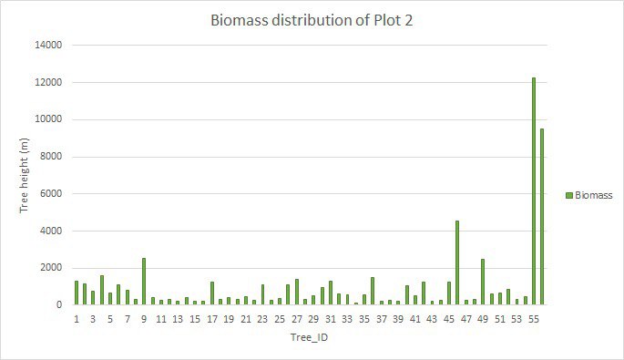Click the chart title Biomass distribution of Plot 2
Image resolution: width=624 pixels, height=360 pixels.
pos(312,21)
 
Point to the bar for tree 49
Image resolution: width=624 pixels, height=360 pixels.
pos(483,282)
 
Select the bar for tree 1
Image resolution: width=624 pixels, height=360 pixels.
pos(77,293)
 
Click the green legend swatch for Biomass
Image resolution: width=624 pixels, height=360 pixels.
pos(568,194)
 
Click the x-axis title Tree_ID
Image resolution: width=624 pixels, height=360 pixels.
pos(310,338)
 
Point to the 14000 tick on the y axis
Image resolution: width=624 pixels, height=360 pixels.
pos(46,45)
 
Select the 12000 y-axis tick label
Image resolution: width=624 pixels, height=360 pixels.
pos(46,82)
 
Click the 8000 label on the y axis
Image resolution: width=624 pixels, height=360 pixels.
pos(49,156)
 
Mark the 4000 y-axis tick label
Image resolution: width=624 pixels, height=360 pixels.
pos(49,231)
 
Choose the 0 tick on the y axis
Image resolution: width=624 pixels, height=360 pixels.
pos(58,304)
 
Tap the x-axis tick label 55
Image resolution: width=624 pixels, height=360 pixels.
pos(534,319)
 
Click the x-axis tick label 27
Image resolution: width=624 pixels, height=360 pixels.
pos(297,319)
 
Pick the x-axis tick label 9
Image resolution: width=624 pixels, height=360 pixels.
pos(144,319)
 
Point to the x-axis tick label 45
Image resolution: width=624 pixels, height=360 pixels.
pos(449,319)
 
